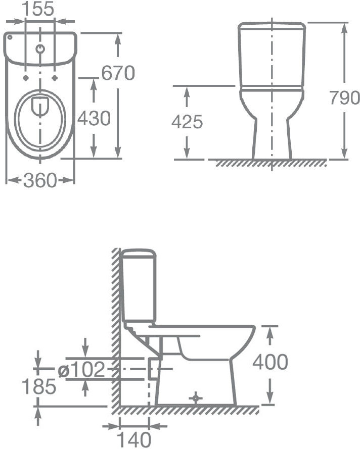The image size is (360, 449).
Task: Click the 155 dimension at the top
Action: click(x=38, y=9)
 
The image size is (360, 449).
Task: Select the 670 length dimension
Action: click(x=118, y=73)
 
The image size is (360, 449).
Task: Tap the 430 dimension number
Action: click(x=94, y=118)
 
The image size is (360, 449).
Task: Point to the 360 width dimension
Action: click(x=40, y=180)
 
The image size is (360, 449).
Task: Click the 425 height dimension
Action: click(x=187, y=122)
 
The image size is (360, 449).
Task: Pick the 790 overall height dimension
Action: click(x=344, y=97)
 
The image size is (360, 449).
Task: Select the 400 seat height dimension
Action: click(x=270, y=362)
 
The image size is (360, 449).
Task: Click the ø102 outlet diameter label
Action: click(x=81, y=369)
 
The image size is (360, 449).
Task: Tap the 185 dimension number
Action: click(x=39, y=386)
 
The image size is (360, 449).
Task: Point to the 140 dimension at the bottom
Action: click(x=134, y=439)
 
